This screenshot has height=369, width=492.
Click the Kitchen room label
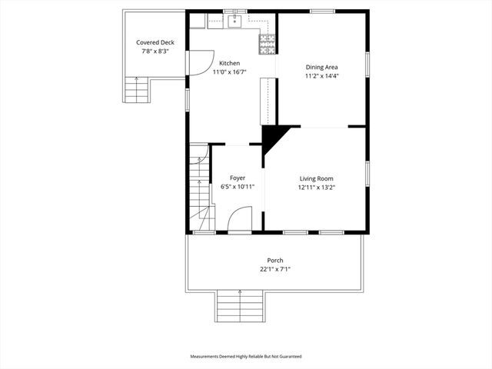(x=229, y=63)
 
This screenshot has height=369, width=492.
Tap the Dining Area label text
(x=321, y=67)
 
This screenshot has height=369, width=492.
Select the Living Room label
(x=316, y=178)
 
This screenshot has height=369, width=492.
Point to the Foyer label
(x=237, y=178)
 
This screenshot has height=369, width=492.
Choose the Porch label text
(x=274, y=260)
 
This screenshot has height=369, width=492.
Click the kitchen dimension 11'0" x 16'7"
(x=229, y=72)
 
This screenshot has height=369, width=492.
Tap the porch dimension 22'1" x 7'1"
(x=274, y=269)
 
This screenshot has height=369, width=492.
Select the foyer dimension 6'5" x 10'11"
(x=237, y=187)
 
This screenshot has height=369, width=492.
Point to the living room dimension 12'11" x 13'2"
(x=316, y=188)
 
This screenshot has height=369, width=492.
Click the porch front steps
(x=241, y=307)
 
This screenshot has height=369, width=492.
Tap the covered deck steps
(x=137, y=91)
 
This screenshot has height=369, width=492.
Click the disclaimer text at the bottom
(x=246, y=357)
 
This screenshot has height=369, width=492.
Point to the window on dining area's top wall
(x=322, y=11)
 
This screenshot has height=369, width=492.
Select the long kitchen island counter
(x=268, y=100)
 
